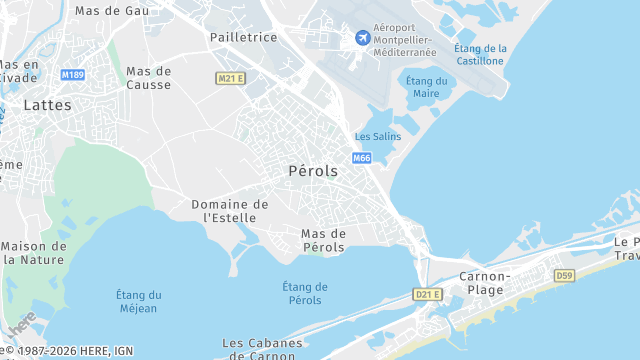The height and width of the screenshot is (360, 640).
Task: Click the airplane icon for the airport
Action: (362, 38)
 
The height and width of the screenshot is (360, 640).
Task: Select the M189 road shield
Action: (72, 75)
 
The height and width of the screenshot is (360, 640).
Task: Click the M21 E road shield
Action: (230, 78)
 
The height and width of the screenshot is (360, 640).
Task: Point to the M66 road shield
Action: (362, 158)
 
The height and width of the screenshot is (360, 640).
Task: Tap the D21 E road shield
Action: (427, 294)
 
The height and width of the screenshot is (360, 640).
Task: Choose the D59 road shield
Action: (565, 275)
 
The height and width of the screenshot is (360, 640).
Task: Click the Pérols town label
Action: (313, 171)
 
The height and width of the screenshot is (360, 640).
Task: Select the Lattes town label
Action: (47, 104)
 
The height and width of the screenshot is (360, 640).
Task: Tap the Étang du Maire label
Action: (426, 87)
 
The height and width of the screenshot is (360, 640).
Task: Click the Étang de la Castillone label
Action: (480, 54)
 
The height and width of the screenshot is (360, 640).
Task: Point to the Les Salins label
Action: (378, 136)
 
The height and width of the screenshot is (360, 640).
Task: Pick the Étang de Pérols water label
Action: (305, 293)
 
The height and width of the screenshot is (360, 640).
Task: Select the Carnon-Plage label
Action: (485, 282)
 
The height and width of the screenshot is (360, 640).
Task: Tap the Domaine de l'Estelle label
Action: (230, 210)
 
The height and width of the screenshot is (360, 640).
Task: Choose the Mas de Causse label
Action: (149, 78)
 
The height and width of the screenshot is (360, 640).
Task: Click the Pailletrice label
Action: (243, 37)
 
